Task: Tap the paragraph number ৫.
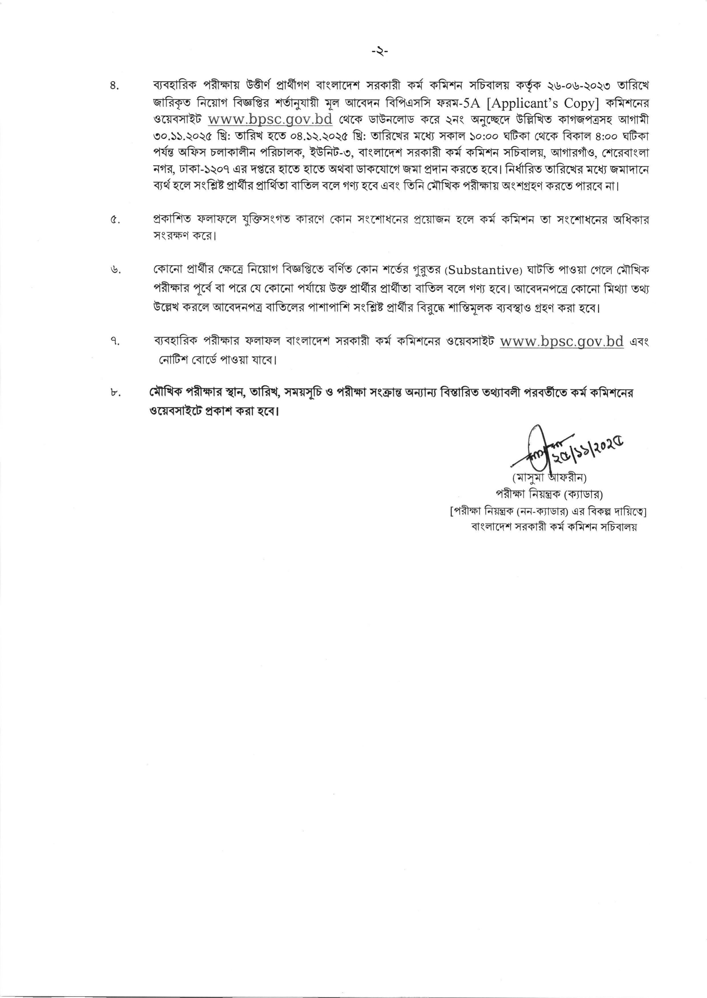115,220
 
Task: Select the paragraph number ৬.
115,270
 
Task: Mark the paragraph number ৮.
115,393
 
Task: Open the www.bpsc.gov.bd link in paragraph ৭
561,342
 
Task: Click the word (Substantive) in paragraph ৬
483,270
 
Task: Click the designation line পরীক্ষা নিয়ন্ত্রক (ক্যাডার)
550,494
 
